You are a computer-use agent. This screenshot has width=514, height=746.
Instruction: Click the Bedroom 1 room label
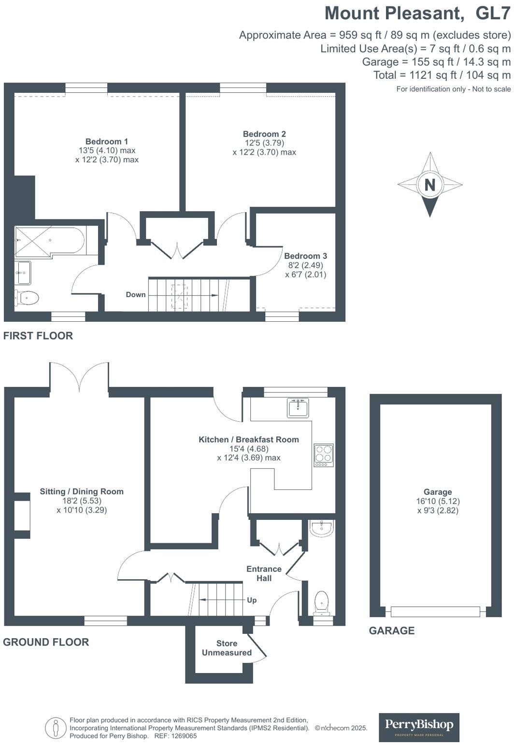click(x=107, y=142)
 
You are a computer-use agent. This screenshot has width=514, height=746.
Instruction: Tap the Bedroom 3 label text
click(x=305, y=256)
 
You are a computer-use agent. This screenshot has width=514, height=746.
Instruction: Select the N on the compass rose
click(x=430, y=185)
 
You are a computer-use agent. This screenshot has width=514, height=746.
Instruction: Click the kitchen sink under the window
click(x=298, y=408)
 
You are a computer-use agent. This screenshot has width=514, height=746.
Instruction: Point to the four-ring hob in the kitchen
click(x=324, y=455)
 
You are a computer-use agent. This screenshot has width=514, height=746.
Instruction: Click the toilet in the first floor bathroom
click(x=27, y=298)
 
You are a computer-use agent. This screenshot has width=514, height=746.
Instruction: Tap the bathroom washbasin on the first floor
click(x=23, y=273)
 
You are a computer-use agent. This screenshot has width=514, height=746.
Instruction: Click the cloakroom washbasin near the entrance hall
click(x=321, y=529)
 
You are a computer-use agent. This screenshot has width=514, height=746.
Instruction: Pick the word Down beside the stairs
click(x=136, y=295)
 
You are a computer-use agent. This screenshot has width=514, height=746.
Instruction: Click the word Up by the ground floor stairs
click(x=252, y=600)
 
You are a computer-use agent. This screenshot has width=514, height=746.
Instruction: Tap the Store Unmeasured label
click(x=227, y=648)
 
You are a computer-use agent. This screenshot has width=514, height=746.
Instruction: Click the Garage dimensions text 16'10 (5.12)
click(x=438, y=501)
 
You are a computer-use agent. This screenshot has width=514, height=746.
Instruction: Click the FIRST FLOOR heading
click(x=38, y=336)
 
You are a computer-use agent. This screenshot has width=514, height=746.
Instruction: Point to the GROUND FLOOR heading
click(x=46, y=642)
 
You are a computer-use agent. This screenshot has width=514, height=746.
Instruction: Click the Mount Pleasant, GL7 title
click(x=417, y=13)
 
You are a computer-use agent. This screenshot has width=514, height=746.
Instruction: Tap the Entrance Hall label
click(x=264, y=574)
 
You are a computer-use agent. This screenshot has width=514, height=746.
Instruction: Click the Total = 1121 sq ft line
click(x=442, y=75)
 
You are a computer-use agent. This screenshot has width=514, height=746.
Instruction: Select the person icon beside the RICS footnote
click(x=56, y=728)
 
